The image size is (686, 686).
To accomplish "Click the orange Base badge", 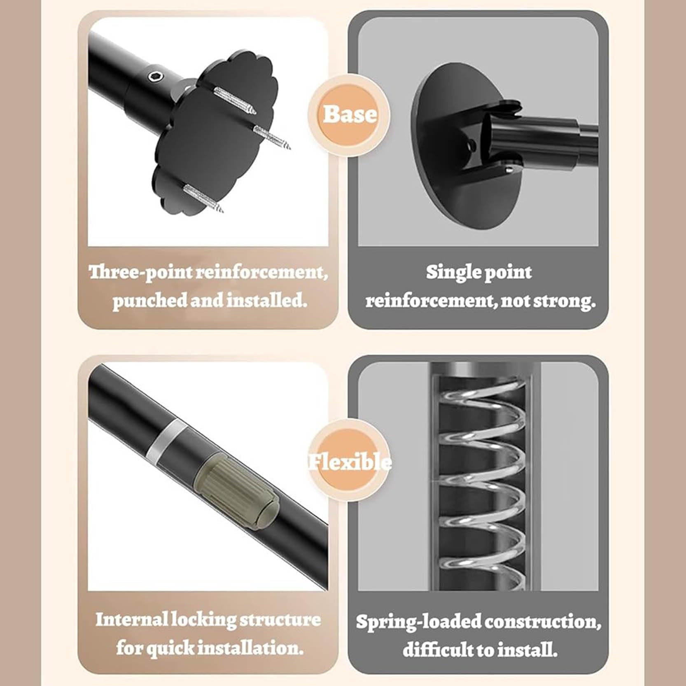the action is pyautogui.click(x=350, y=114).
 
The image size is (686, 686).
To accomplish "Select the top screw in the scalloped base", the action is pyautogui.click(x=235, y=100).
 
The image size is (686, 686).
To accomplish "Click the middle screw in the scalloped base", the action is pyautogui.click(x=272, y=138).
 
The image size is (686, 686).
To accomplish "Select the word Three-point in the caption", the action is pyautogui.click(x=141, y=272).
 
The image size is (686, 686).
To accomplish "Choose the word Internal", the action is pyautogui.click(x=132, y=619).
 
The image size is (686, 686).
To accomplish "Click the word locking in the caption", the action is pyautogui.click(x=203, y=620).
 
